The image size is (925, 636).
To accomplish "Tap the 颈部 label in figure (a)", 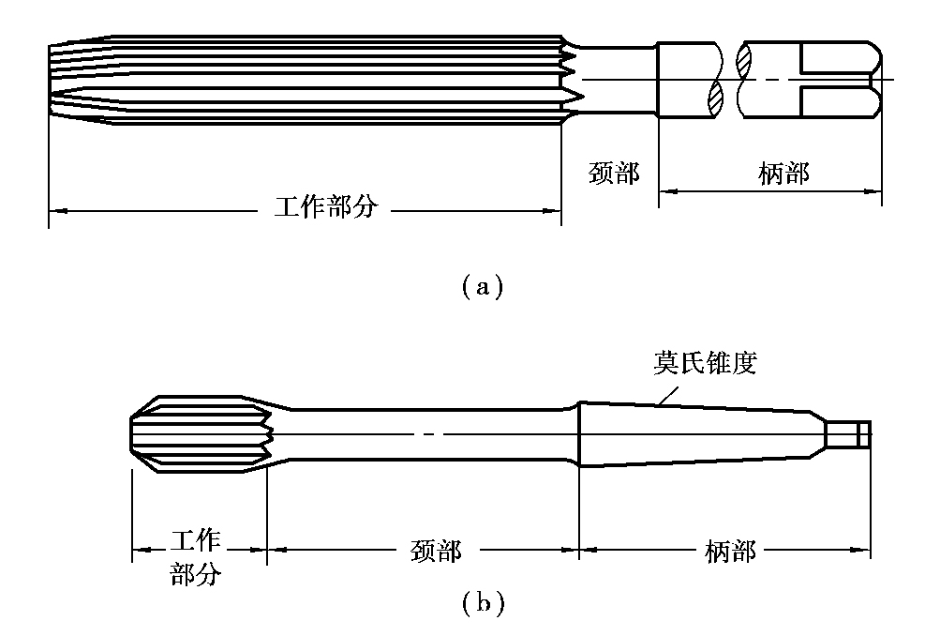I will (615, 174).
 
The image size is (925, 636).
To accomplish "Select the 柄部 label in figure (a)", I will (783, 174).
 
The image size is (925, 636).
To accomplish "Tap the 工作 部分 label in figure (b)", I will (196, 556).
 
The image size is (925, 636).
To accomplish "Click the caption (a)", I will (483, 284).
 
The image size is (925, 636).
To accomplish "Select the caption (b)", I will (483, 602).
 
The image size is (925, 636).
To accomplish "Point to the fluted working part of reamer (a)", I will (309, 80).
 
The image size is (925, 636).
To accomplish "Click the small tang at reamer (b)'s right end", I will (852, 434).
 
